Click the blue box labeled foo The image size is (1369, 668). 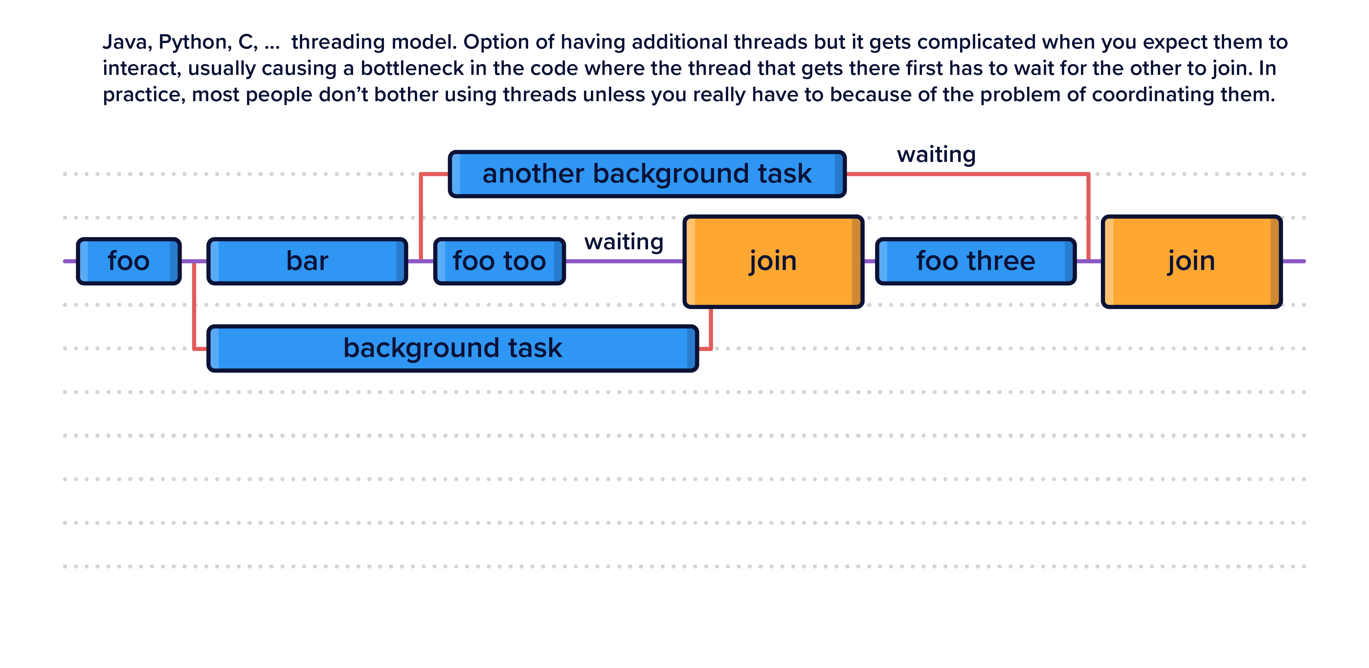coord(129,261)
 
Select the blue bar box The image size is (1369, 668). coord(307,261)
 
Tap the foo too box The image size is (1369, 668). coord(499,261)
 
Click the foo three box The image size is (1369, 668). coord(975,261)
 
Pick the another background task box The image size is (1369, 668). coord(647,174)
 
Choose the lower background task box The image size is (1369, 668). coord(452,348)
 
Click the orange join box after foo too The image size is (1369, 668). coord(773,261)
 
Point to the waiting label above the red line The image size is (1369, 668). coord(936,155)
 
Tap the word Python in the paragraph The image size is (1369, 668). coord(194,42)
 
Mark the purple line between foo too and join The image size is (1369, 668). coord(624,261)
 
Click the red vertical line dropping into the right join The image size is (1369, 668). coord(1088,218)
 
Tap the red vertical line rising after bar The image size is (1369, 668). coord(421,218)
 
